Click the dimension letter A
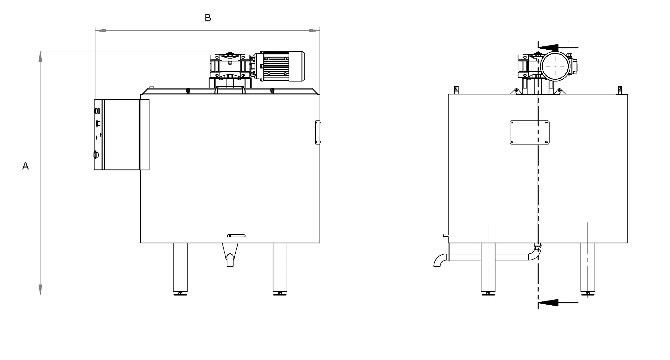pyautogui.click(x=25, y=167)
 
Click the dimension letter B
pyautogui.click(x=208, y=18)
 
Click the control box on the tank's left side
pyautogui.click(x=121, y=135)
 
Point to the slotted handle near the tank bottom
pyautogui.click(x=236, y=236)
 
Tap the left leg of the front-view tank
pyautogui.click(x=180, y=268)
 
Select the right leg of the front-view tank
pyautogui.click(x=280, y=268)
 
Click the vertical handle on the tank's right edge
pyautogui.click(x=318, y=132)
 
